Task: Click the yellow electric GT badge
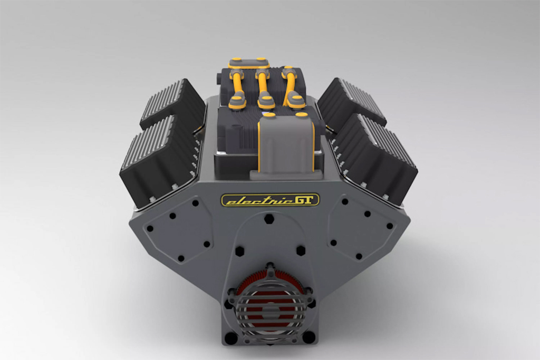click(x=269, y=200)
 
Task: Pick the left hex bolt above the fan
click(x=239, y=251)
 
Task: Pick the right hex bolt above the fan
click(x=300, y=251)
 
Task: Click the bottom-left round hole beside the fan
click(x=231, y=337)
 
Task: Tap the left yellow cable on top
click(x=237, y=84)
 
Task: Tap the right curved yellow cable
click(x=290, y=84)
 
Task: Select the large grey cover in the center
click(x=285, y=145)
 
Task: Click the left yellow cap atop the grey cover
click(x=269, y=114)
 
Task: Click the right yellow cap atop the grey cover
click(x=302, y=114)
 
